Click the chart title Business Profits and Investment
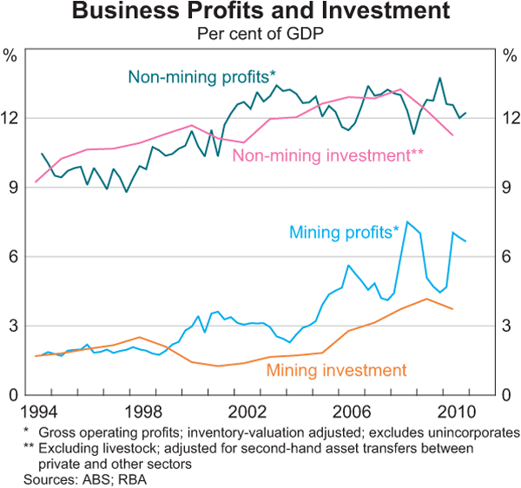coord(260,12)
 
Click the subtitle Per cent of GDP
coord(260,34)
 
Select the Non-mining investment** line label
coord(327,156)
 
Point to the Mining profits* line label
coord(344,233)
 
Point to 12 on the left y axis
coord(13,118)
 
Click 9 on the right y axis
coord(507,188)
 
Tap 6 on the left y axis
coord(13,257)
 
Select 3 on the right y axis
coord(507,326)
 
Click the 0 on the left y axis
coord(13,395)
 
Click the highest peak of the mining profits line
coord(407,221)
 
